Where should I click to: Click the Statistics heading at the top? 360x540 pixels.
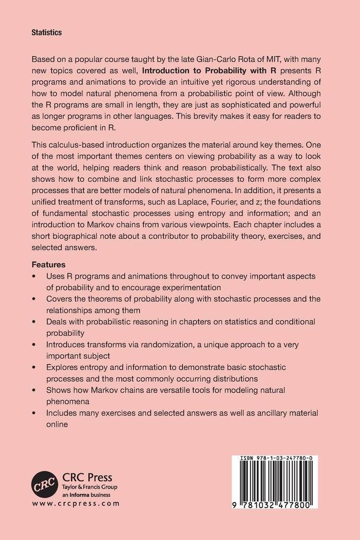pos(47,32)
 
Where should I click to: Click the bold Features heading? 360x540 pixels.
pos(49,264)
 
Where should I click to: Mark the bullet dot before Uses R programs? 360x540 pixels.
pos(34,276)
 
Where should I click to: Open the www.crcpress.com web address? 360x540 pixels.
pos(75,503)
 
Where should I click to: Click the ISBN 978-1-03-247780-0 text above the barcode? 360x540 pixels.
pos(274,460)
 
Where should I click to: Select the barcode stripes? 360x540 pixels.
pos(274,482)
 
